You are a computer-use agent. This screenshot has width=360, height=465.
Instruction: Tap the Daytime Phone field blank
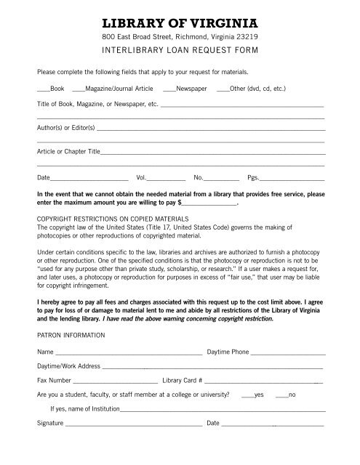click(x=287, y=352)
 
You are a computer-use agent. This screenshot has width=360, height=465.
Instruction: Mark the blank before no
click(x=281, y=395)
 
